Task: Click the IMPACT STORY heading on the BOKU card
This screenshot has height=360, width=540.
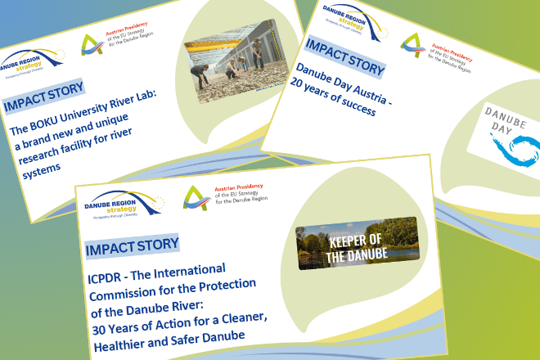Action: click(43, 100)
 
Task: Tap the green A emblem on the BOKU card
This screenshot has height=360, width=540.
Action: click(92, 47)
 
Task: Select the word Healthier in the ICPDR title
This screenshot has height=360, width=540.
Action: click(118, 334)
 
